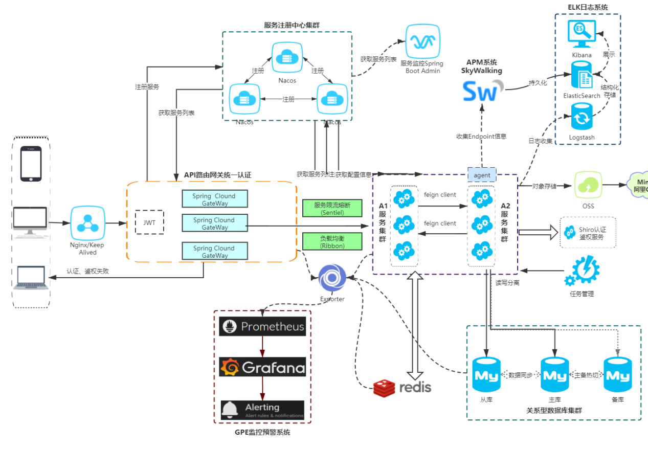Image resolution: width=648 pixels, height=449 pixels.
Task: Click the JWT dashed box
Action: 150,222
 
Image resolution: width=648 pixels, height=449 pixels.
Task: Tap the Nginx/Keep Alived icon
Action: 87,223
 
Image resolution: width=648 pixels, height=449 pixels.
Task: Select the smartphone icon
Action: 31,164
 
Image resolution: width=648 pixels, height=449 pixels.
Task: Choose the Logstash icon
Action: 582,117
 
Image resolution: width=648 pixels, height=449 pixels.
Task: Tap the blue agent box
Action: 482,175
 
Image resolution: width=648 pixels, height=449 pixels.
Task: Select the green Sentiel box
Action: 332,208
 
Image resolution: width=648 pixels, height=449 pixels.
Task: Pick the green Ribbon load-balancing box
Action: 332,242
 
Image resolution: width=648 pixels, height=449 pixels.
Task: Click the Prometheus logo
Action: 262,326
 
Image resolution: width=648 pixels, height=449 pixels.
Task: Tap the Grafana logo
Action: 262,367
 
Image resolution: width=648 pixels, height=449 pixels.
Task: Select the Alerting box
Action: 262,410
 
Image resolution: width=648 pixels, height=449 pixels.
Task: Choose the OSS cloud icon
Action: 588,185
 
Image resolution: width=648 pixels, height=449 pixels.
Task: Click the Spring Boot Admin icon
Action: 422,41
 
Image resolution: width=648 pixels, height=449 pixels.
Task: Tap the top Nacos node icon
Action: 287,58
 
